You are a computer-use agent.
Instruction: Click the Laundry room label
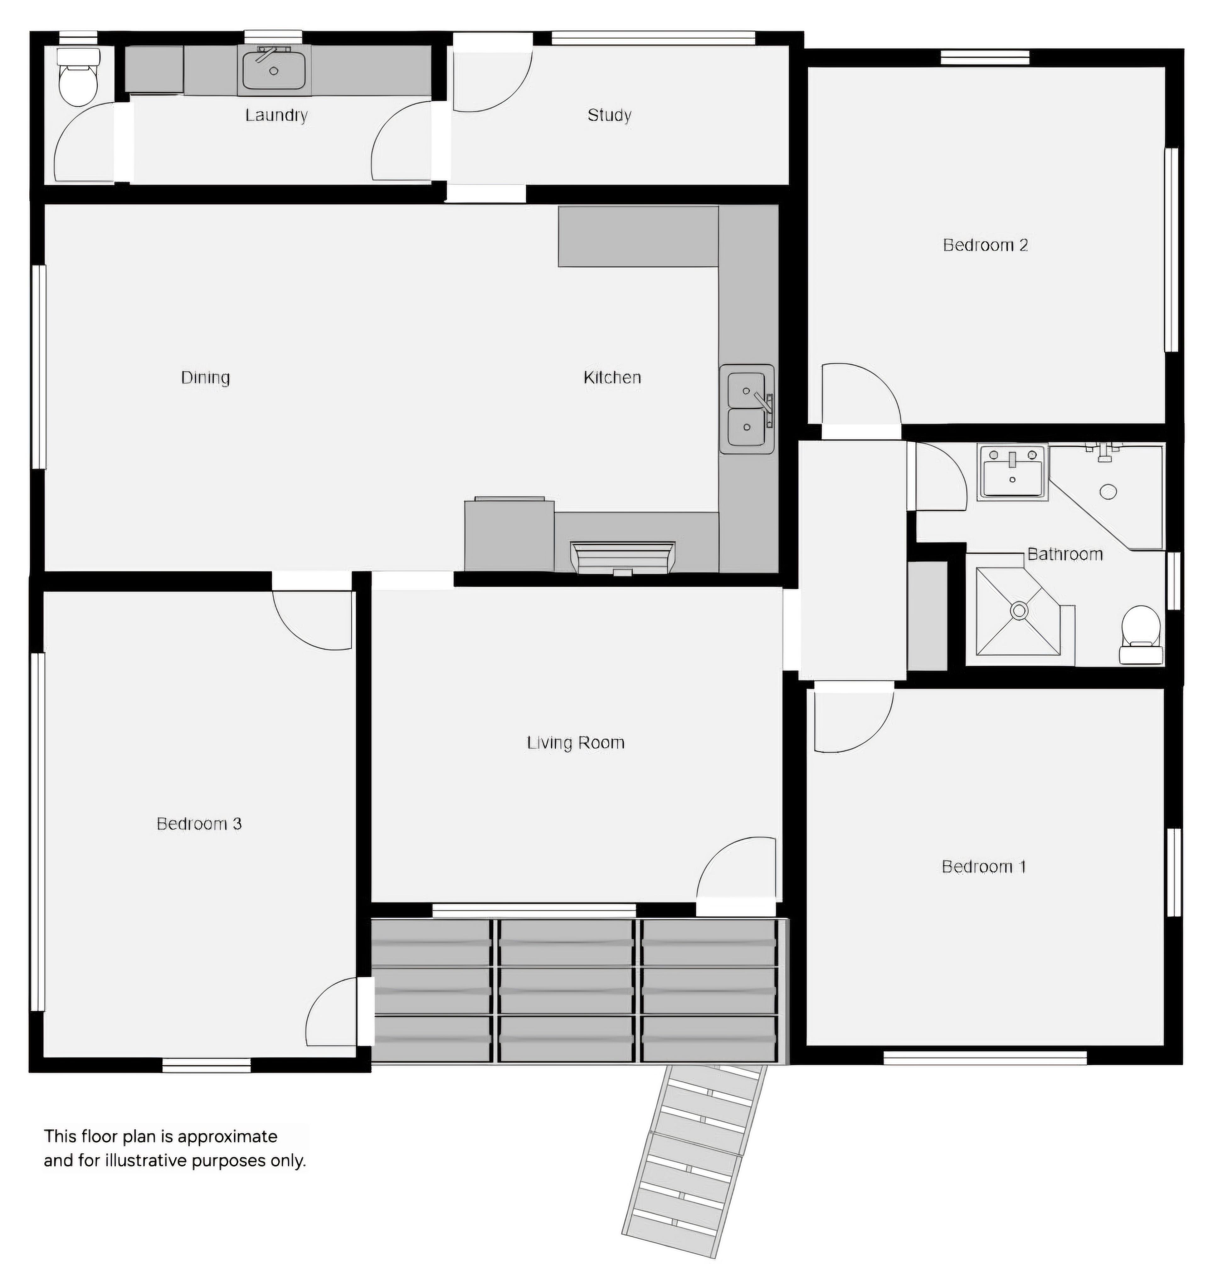(x=276, y=115)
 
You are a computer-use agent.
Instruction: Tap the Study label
(x=609, y=115)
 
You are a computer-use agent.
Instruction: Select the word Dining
(x=205, y=377)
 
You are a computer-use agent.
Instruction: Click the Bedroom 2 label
(x=985, y=245)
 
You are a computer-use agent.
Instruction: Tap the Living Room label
(x=576, y=743)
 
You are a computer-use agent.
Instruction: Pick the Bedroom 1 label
(x=983, y=866)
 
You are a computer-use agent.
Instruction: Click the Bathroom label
(x=1065, y=554)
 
